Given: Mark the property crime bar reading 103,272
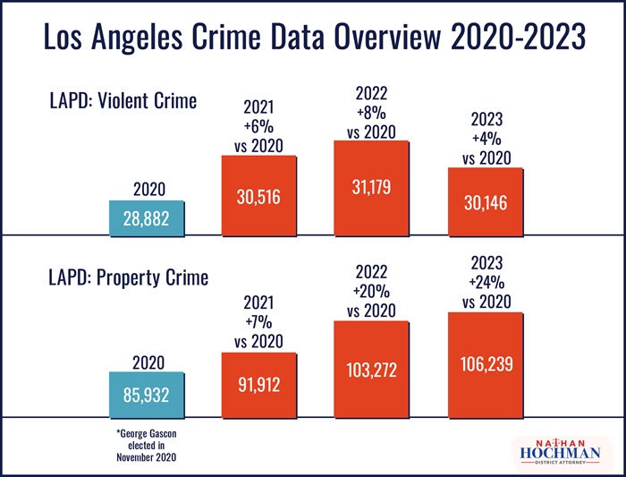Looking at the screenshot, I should click(x=371, y=369).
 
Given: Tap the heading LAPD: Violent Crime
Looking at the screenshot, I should click(x=123, y=101).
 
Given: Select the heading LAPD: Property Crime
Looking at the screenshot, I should click(x=127, y=277).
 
